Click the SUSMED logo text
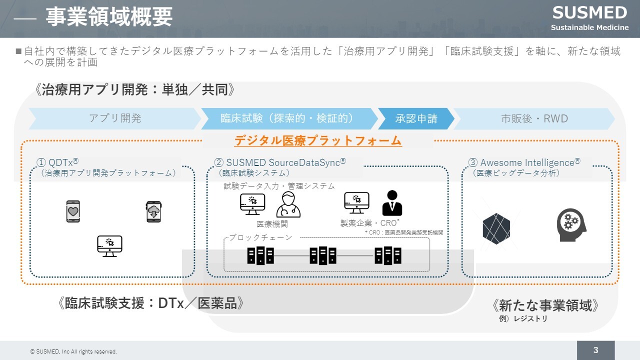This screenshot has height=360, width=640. click(589, 12)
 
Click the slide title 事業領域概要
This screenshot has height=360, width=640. click(109, 17)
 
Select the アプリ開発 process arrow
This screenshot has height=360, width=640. click(115, 118)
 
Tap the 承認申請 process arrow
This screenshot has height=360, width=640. click(416, 118)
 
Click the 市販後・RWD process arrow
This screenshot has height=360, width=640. click(534, 118)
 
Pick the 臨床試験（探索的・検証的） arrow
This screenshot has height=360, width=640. click(287, 118)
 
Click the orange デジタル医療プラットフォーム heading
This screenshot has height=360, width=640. click(318, 140)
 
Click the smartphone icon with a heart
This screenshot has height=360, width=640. click(73, 211)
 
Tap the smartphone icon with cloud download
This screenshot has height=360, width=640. click(153, 211)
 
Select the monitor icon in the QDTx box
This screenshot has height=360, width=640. click(109, 246)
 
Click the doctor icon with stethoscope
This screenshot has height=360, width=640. click(288, 204)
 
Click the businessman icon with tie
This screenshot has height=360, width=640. click(392, 203)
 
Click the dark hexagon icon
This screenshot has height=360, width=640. click(496, 228)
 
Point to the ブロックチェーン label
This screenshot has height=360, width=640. click(260, 237)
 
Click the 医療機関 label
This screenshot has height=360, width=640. click(272, 223)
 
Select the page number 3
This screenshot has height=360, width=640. click(595, 350)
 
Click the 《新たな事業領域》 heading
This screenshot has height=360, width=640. click(545, 305)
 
